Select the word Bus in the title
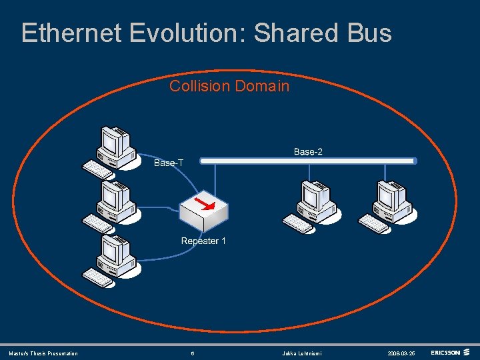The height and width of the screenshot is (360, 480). pos(368,33)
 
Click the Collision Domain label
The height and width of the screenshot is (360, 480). pos(229,86)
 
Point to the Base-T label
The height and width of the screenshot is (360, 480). pos(169,163)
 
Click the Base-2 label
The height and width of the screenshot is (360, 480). pos(308,152)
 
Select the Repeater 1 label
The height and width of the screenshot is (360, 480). pos(203,241)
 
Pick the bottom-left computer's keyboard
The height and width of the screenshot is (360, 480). pos(98,277)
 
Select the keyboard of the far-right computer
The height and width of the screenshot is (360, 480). pos(374,223)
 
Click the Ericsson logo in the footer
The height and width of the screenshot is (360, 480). pos(449,353)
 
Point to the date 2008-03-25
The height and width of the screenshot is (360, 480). pos(401,353)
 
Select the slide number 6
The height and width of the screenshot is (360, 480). pos(193,353)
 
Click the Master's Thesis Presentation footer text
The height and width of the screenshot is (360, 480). pos(43,353)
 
